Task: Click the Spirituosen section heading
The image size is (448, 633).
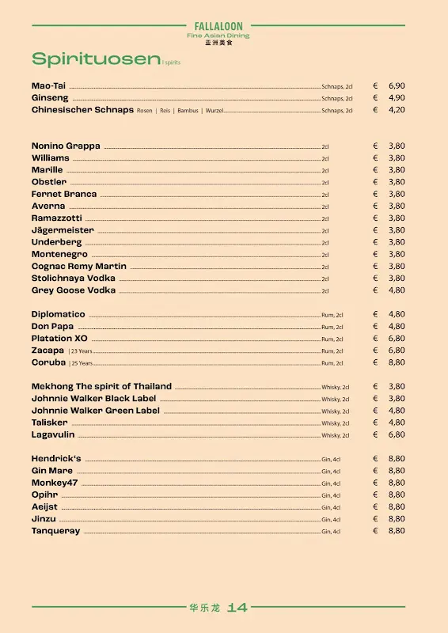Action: [x=95, y=59]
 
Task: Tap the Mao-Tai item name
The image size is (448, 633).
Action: [x=48, y=85]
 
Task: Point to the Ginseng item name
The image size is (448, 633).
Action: [x=50, y=98]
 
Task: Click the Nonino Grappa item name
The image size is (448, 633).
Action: [x=66, y=146]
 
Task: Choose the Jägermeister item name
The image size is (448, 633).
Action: [x=63, y=230]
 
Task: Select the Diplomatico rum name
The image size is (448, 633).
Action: [x=59, y=314]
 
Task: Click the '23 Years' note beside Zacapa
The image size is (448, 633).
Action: [x=80, y=351]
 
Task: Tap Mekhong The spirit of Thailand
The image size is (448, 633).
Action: [x=101, y=386]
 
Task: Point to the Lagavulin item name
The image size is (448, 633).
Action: [x=52, y=434]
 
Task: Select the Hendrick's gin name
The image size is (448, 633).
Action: [x=56, y=458]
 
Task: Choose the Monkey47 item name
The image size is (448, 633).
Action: [x=55, y=483]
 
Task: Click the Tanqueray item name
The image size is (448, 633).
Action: [x=55, y=531]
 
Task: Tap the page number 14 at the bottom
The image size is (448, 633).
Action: [x=237, y=608]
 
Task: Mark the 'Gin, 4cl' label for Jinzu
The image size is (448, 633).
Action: [x=331, y=520]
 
